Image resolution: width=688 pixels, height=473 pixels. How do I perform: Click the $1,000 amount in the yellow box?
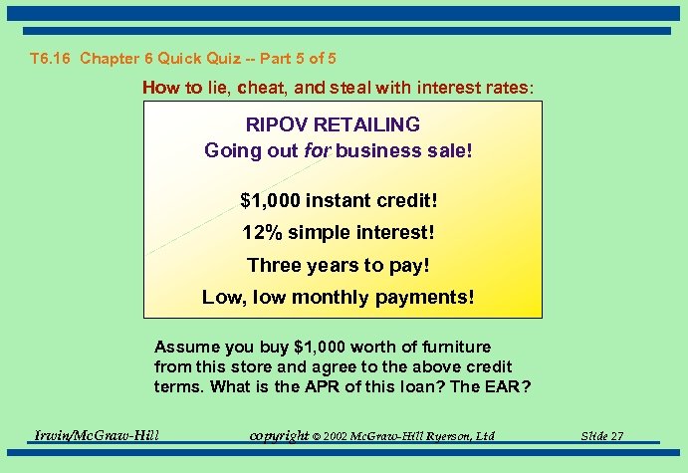(x=270, y=201)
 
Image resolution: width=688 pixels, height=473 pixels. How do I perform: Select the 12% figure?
(x=263, y=234)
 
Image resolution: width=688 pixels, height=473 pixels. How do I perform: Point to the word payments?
(x=425, y=298)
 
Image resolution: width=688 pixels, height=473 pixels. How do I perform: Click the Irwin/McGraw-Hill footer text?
(x=97, y=435)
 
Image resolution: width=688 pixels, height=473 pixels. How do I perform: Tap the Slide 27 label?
(x=602, y=436)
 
